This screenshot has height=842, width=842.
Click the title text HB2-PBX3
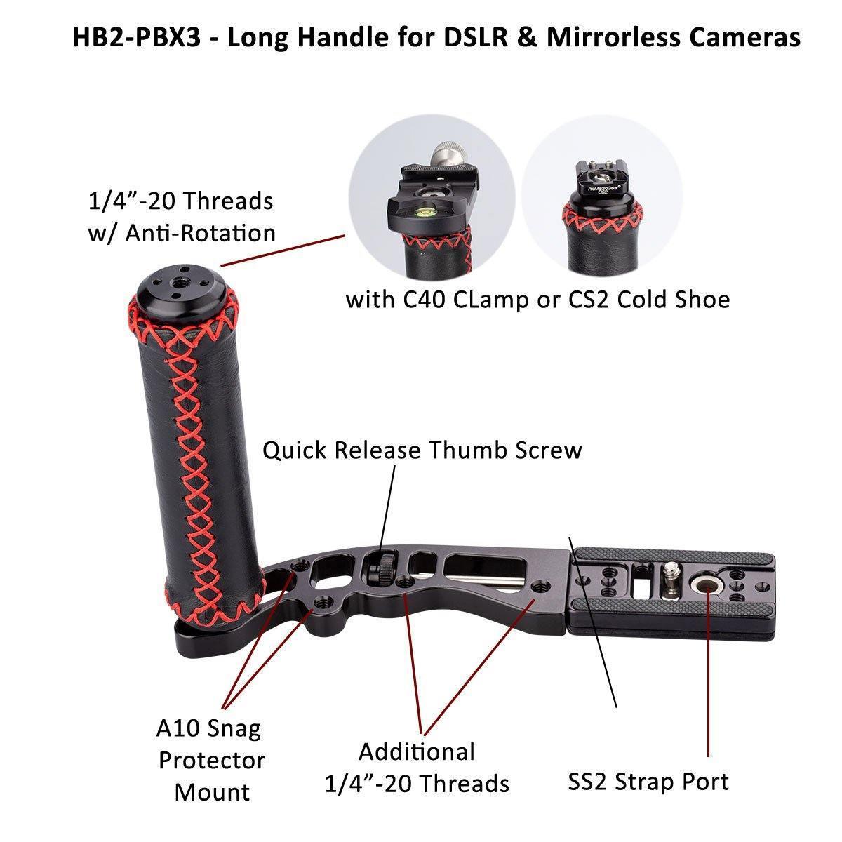[x=133, y=37]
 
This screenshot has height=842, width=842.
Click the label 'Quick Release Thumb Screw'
[x=422, y=450]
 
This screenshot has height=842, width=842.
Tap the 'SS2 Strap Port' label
[x=648, y=781]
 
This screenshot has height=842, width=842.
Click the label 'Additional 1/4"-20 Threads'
[x=417, y=767]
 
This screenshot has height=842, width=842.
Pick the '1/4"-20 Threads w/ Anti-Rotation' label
[x=181, y=217]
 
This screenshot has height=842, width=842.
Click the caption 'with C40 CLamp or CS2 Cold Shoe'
[x=537, y=300]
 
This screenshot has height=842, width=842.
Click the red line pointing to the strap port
[x=708, y=674]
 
